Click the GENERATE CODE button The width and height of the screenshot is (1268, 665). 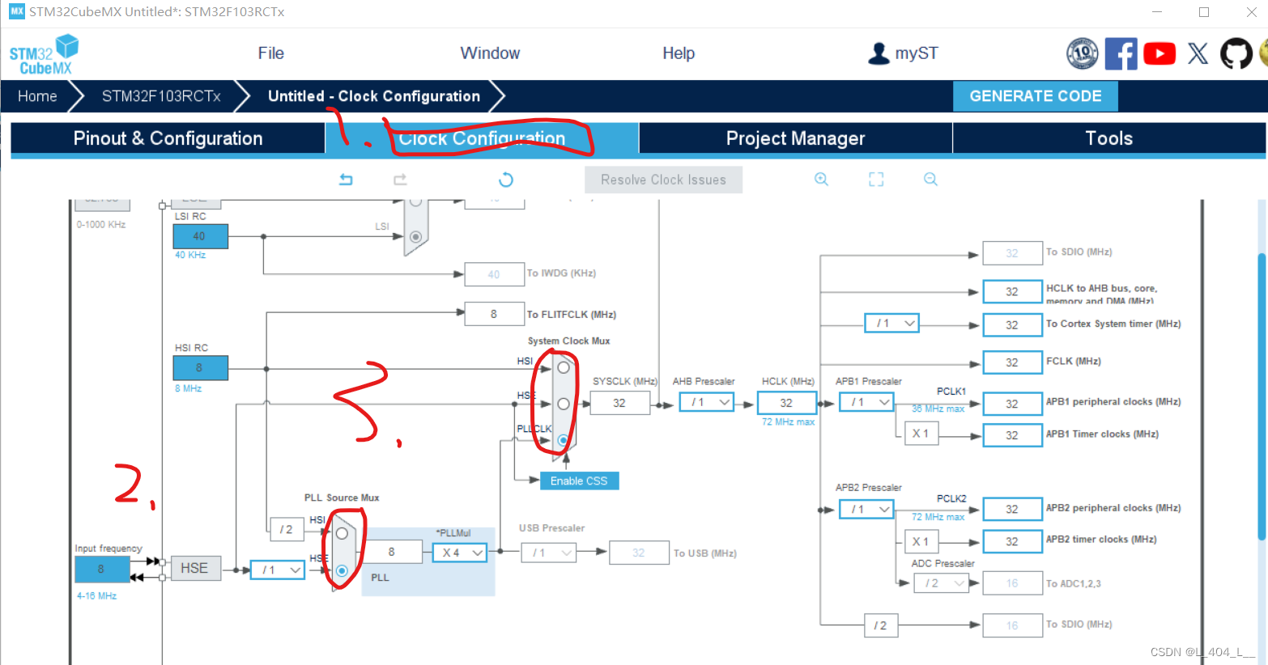(1035, 96)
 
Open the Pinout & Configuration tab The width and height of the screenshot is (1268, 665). (168, 138)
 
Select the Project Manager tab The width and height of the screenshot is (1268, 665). (795, 138)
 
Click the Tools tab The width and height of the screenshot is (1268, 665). (1108, 138)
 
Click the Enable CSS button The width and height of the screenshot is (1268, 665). (579, 481)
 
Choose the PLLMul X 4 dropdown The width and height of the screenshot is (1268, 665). (459, 553)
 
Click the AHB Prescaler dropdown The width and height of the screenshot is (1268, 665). (707, 402)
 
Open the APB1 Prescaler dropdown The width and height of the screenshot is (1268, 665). (866, 402)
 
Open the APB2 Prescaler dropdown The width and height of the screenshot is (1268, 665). (866, 509)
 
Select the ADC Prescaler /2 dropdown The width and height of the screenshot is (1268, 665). (940, 583)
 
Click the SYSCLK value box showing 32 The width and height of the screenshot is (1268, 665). (619, 403)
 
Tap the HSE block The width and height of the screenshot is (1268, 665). (194, 568)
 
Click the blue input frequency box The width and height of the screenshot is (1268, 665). (101, 569)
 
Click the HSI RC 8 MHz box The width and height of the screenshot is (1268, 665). (200, 367)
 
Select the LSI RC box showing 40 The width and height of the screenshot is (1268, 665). (200, 236)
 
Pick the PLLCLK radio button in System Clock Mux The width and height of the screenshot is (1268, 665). (564, 440)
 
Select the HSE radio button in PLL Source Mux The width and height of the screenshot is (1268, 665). (342, 570)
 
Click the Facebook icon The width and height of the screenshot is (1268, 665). (1121, 54)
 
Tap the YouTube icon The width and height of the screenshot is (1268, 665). (1159, 54)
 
